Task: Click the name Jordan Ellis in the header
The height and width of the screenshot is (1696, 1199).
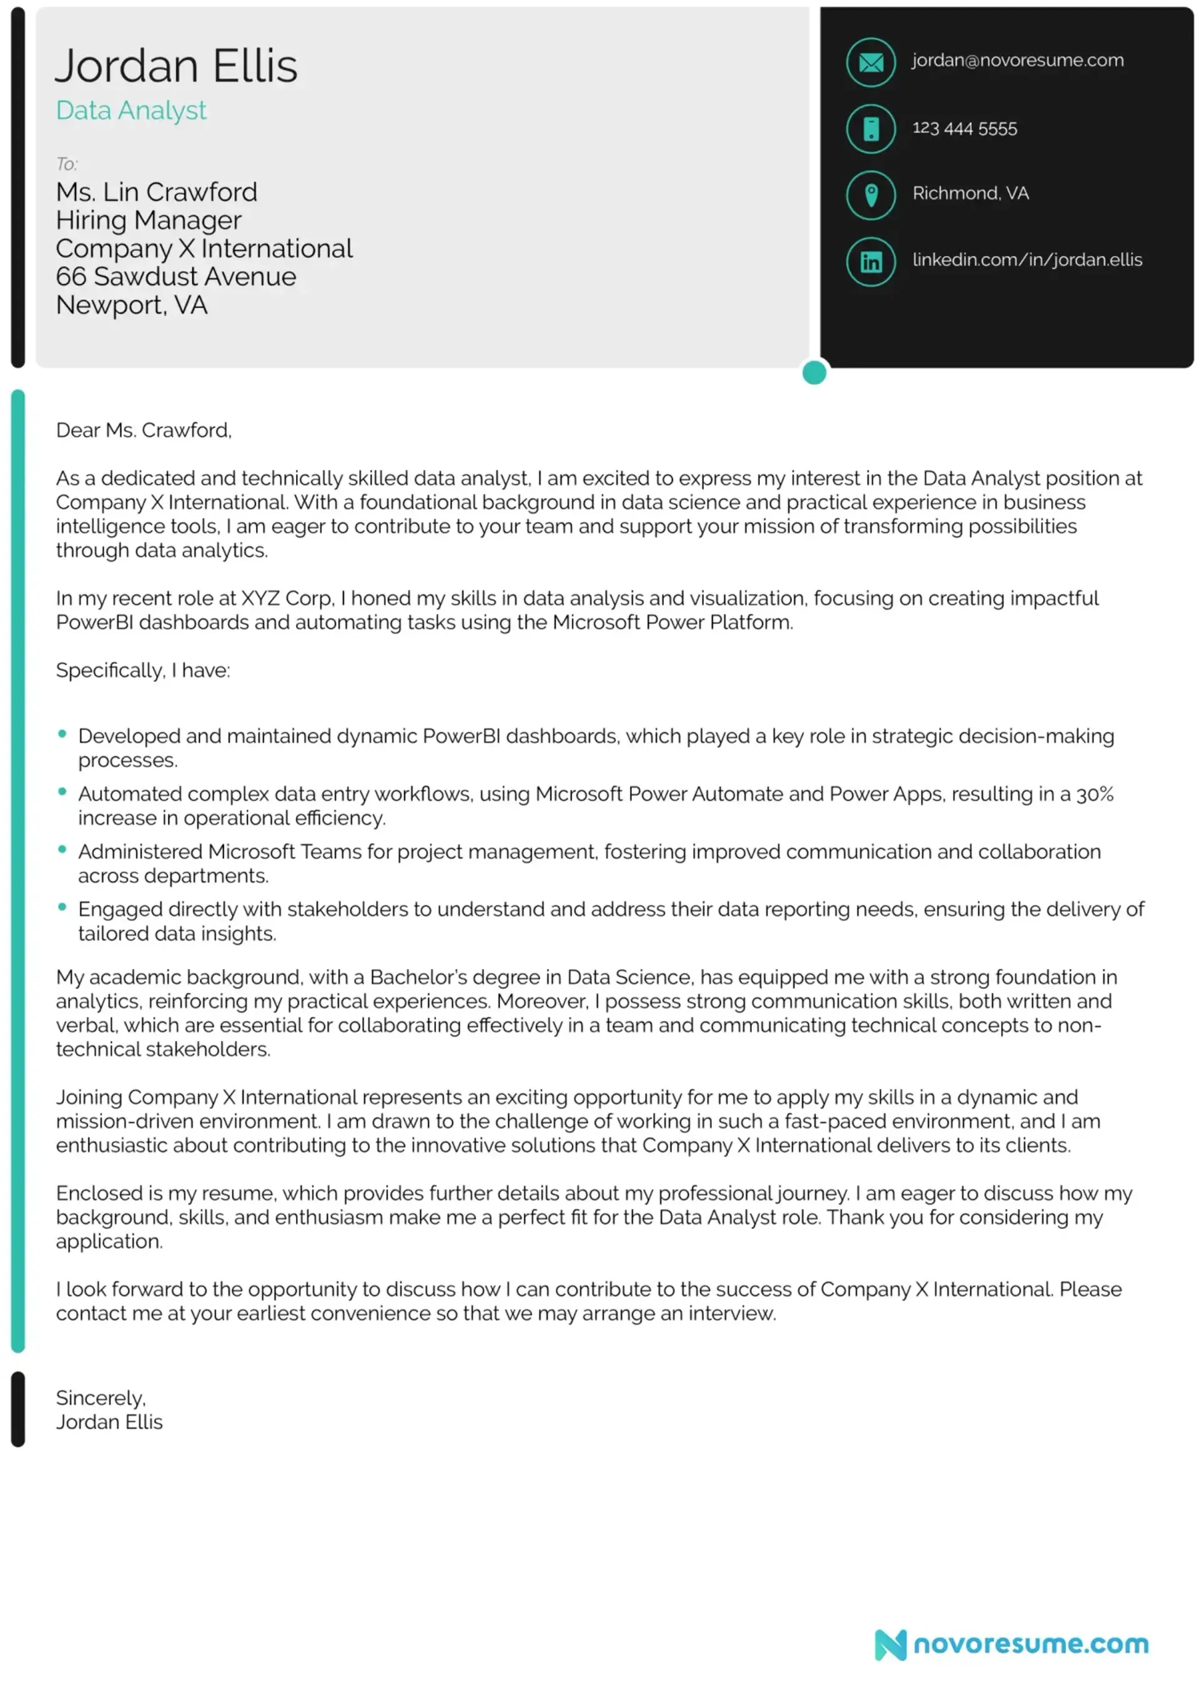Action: tap(176, 66)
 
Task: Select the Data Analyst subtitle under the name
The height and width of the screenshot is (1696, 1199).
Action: tap(131, 111)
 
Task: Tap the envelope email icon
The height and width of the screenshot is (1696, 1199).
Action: tap(871, 63)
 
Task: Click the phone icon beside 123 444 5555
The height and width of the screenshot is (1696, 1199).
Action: tap(871, 129)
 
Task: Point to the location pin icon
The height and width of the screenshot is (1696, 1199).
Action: tap(871, 195)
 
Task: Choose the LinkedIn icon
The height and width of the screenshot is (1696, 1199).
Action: tap(871, 262)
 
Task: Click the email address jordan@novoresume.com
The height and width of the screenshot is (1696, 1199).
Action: tap(1017, 61)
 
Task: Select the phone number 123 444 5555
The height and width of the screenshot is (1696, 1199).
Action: tap(964, 129)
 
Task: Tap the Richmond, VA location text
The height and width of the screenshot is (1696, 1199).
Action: tap(970, 194)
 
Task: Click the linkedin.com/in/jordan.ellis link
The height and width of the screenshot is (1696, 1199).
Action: tap(1027, 260)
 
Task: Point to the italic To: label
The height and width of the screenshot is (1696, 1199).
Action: tap(66, 164)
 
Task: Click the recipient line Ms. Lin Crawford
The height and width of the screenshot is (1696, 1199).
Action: tap(157, 193)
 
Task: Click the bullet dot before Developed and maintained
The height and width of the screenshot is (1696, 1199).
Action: tap(62, 734)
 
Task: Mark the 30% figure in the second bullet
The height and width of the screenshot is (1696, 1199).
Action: tap(1094, 795)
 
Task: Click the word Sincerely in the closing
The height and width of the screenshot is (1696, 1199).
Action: tap(101, 1398)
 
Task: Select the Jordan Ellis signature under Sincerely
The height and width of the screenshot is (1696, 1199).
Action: tap(109, 1422)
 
